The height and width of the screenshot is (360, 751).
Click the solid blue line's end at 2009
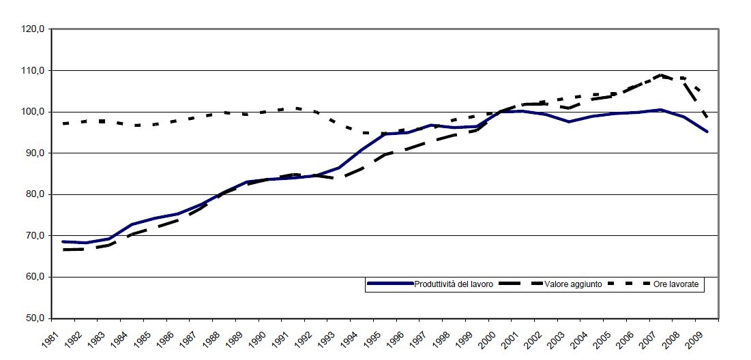tap(707, 132)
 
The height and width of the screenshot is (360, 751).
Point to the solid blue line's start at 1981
tap(63, 241)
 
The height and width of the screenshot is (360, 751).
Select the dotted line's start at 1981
tap(63, 123)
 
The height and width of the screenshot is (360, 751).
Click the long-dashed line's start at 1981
tap(63, 250)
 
